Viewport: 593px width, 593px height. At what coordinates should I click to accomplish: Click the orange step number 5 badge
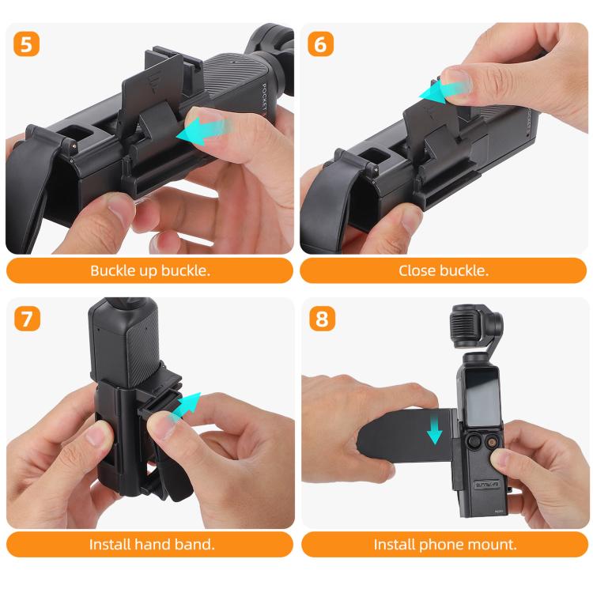click(27, 44)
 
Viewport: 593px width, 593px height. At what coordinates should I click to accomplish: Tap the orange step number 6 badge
click(320, 44)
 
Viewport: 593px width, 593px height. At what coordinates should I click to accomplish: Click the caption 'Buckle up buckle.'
click(149, 270)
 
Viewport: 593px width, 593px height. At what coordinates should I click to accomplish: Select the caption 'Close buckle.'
click(444, 270)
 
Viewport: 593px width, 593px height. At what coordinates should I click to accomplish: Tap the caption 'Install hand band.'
click(149, 544)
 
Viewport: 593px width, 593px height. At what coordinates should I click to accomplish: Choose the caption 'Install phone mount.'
click(444, 544)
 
